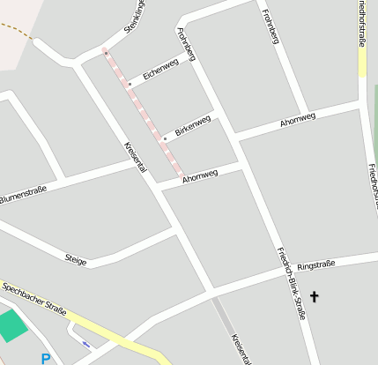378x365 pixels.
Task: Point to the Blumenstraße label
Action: click(23, 191)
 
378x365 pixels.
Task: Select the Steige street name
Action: click(76, 259)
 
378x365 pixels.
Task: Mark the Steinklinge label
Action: click(134, 18)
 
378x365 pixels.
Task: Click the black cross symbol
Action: click(314, 297)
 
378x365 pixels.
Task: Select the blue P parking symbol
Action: click(45, 358)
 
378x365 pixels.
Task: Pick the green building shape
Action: click(11, 324)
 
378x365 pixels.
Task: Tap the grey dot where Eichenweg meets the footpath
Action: click(130, 85)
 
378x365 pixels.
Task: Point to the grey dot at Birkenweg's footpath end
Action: click(165, 138)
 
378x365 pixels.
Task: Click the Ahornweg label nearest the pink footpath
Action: click(200, 175)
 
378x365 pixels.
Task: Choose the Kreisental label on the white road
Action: click(135, 157)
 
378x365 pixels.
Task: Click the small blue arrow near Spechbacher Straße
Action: click(85, 344)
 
